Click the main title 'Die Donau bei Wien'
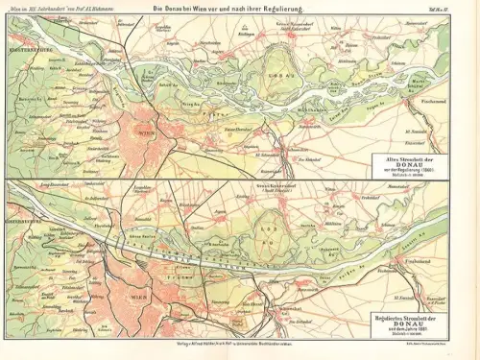point(240,9)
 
